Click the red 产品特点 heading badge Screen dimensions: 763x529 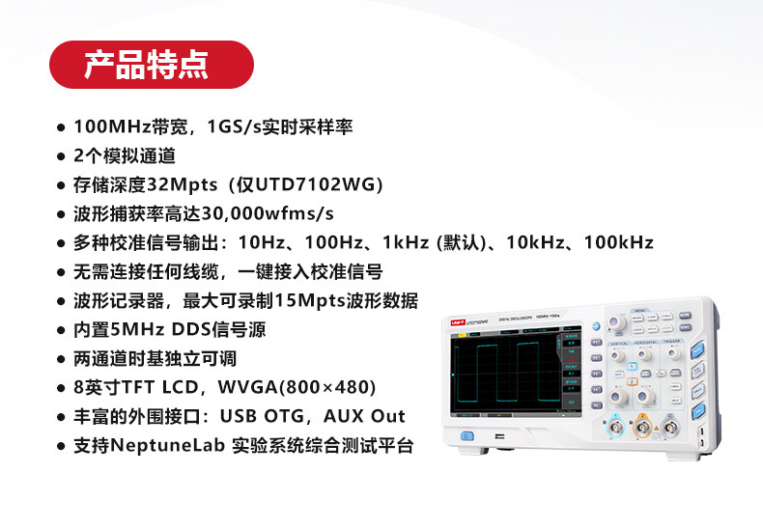coord(152,65)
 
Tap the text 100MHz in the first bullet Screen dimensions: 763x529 coord(112,126)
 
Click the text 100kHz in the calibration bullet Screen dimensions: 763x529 coord(618,242)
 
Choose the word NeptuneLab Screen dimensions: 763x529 coord(168,445)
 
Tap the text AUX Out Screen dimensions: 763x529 coord(364,416)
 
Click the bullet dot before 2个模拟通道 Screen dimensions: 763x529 coord(61,156)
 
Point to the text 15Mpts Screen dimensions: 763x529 coord(310,301)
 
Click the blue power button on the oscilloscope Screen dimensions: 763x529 coord(466,436)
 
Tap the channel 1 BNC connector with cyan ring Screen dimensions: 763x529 coord(615,429)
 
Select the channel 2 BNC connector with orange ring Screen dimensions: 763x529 coord(642,429)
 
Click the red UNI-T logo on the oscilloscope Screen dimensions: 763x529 coord(458,322)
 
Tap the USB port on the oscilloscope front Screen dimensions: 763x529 coord(499,435)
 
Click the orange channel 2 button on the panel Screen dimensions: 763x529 coord(632,381)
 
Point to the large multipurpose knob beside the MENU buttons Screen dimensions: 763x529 coord(619,322)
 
